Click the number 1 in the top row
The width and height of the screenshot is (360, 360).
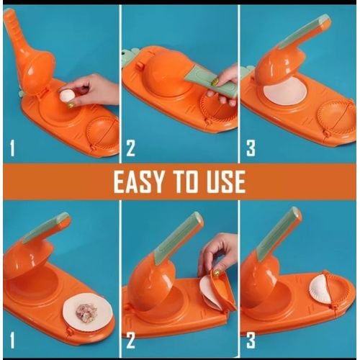coord(12,148)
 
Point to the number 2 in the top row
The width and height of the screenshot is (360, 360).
coord(130,148)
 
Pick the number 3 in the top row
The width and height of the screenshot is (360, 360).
coord(251,148)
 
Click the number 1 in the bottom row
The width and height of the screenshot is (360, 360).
coord(12,341)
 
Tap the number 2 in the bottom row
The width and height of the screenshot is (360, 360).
coord(130,341)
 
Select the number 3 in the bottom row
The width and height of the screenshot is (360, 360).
coord(251,341)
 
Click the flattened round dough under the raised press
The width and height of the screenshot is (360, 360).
coord(285,92)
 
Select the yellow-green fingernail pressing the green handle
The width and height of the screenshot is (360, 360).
coord(215,81)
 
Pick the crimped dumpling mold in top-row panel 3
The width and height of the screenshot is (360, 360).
coord(336,117)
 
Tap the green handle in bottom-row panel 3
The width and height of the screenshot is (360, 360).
coord(279,231)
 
